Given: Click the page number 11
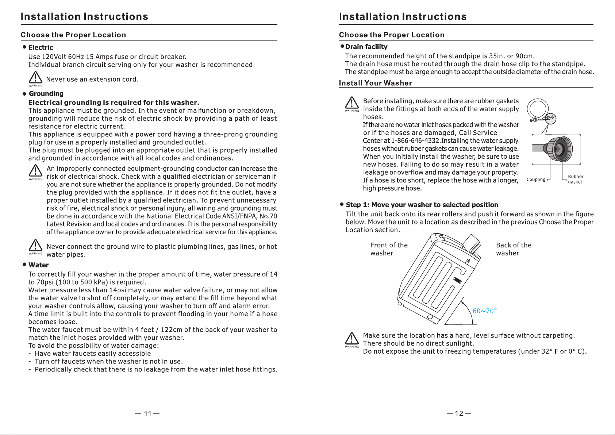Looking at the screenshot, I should (x=147, y=413).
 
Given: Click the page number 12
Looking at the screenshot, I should (x=459, y=413).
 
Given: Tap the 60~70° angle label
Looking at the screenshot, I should (x=484, y=311).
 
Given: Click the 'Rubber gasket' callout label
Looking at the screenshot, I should (x=575, y=179).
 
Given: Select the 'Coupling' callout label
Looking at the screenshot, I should (x=536, y=180).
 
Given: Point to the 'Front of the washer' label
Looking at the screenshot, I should (x=389, y=249).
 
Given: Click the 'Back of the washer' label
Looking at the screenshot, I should (x=514, y=249).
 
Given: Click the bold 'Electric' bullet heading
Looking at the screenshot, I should (x=41, y=47).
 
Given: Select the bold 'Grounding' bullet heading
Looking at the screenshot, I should (x=46, y=94).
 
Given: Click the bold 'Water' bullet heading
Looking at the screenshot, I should (x=38, y=265).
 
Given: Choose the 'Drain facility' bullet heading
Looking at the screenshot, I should (x=366, y=47).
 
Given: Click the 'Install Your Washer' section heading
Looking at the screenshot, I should (x=375, y=83).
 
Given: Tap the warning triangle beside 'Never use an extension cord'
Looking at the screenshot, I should (x=35, y=78).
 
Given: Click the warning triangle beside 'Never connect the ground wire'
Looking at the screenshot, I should (x=35, y=246).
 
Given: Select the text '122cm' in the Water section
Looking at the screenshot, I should (x=171, y=330).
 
